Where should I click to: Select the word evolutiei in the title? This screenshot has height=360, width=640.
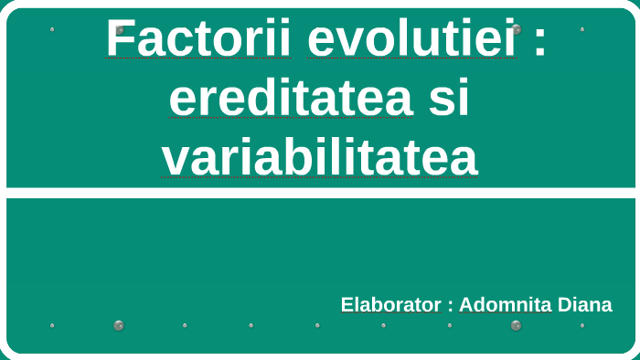click(412, 38)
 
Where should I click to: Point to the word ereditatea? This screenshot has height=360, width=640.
click(290, 99)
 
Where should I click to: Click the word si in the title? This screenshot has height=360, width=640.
click(449, 99)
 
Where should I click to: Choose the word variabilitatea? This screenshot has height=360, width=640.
click(320, 158)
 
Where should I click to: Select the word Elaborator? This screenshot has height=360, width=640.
click(390, 305)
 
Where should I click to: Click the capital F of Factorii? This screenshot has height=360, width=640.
click(118, 39)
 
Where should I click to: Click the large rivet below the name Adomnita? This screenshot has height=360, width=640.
click(516, 325)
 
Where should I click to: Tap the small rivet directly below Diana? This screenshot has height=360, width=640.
click(582, 325)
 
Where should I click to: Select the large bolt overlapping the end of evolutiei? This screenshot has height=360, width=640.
click(517, 29)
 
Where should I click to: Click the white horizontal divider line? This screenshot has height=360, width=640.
click(320, 193)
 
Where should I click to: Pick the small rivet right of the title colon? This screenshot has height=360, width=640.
click(582, 29)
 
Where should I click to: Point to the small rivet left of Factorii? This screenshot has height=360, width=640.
click(52, 29)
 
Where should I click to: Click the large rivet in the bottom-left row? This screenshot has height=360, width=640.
click(118, 325)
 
